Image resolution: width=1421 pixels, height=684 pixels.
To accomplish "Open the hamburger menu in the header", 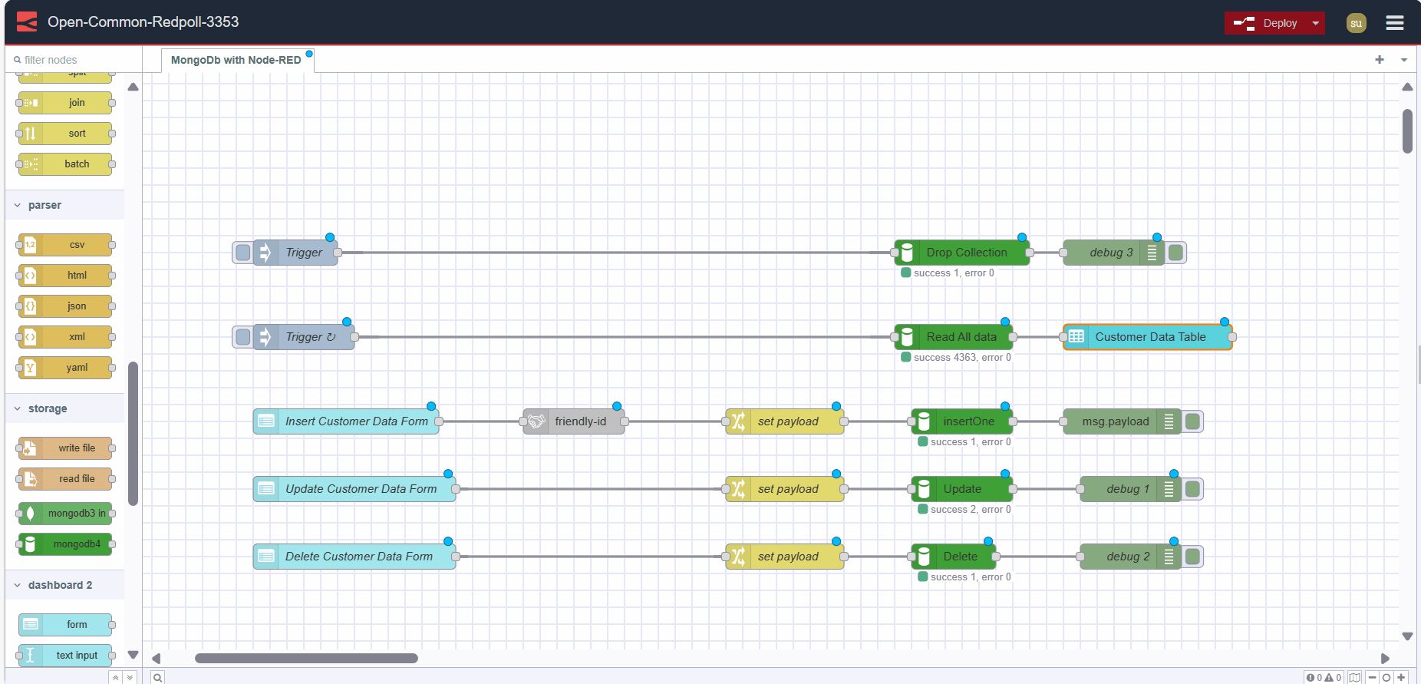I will pyautogui.click(x=1394, y=23).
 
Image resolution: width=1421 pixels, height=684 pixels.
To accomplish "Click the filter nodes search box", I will pyautogui.click(x=73, y=60).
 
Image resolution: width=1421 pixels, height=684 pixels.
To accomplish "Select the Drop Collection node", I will pyautogui.click(x=965, y=253).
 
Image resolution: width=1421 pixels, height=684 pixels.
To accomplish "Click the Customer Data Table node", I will pyautogui.click(x=1149, y=337).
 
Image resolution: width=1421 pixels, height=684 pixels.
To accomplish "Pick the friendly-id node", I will pyautogui.click(x=580, y=421).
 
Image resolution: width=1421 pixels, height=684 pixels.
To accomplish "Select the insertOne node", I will pyautogui.click(x=968, y=421).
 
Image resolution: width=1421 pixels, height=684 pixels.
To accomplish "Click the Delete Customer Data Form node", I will pyautogui.click(x=358, y=557).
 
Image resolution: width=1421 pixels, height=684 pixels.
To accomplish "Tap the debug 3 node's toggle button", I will pyautogui.click(x=1175, y=253).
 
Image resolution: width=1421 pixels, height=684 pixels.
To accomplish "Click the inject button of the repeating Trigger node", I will pyautogui.click(x=243, y=337).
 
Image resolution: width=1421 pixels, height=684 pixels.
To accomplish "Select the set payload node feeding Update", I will pyautogui.click(x=787, y=489).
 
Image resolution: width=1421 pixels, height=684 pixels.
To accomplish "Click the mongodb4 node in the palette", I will pyautogui.click(x=75, y=544).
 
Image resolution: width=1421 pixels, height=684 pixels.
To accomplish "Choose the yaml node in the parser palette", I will pyautogui.click(x=75, y=368).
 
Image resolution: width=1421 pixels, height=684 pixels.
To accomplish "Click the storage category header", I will pyautogui.click(x=48, y=408).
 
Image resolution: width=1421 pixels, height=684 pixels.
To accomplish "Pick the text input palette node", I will pyautogui.click(x=75, y=656).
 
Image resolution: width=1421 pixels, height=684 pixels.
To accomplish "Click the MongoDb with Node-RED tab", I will pyautogui.click(x=236, y=60).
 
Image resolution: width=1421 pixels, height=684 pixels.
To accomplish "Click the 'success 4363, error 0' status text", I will pyautogui.click(x=961, y=358).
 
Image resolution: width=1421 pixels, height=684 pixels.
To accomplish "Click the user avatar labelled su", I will pyautogui.click(x=1356, y=23).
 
